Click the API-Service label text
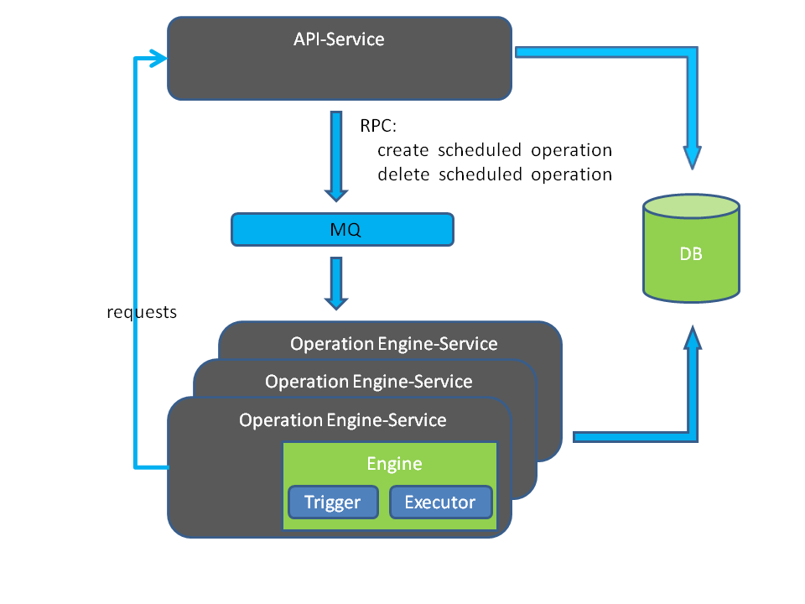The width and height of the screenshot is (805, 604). coord(339,39)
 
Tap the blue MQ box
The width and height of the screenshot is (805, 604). coord(342,229)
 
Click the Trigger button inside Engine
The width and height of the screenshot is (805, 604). coord(332,502)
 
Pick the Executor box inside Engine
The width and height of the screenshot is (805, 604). coord(439,502)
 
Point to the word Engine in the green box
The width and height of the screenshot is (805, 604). coord(394,464)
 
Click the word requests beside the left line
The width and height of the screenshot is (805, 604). coord(143,312)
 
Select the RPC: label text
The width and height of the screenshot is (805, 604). coord(378,126)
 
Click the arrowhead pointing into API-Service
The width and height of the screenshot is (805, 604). coord(157,58)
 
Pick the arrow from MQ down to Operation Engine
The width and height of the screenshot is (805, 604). coord(336,284)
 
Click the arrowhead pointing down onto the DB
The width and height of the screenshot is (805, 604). coord(692,157)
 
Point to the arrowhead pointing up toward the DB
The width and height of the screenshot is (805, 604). coord(692,339)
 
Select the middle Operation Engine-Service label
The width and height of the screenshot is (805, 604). coord(368,382)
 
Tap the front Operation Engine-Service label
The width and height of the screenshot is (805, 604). coord(342,419)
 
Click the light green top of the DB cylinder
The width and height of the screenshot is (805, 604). coord(692,206)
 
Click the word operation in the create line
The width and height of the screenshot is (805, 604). coord(571,150)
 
